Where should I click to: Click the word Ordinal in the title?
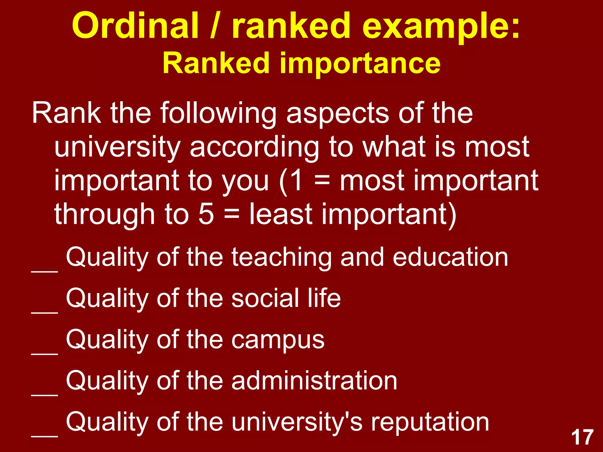[x=135, y=25]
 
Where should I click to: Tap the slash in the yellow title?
[x=216, y=25]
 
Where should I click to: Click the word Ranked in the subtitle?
[x=216, y=63]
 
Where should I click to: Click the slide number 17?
[x=582, y=437]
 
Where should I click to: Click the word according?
[x=254, y=147]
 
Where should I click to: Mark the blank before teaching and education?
[x=44, y=271]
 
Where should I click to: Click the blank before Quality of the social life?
[x=44, y=312]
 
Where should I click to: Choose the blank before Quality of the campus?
[x=44, y=353]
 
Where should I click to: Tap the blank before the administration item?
[x=44, y=395]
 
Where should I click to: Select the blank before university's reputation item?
[x=44, y=436]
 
